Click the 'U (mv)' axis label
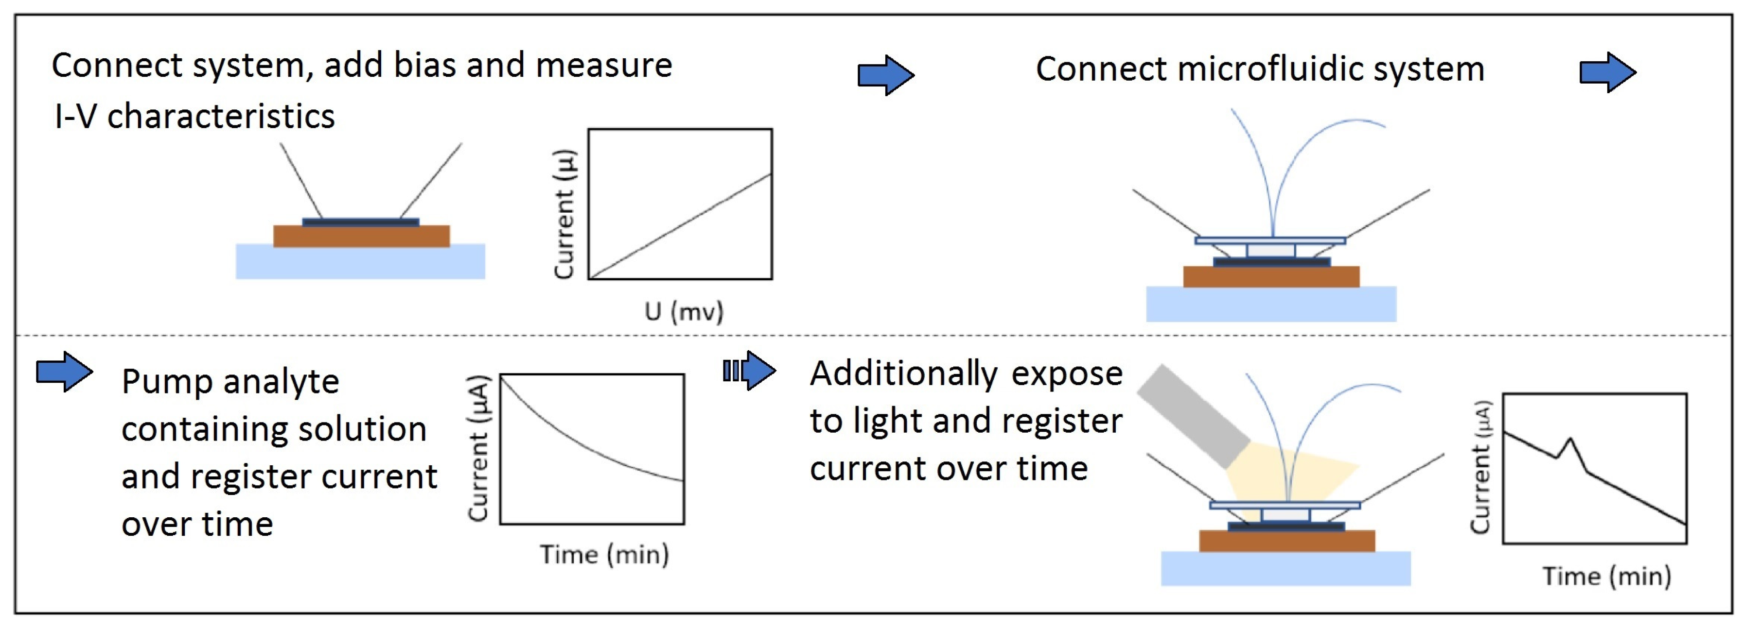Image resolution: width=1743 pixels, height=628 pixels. point(684,312)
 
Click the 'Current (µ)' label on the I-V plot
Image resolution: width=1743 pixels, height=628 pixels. point(564,214)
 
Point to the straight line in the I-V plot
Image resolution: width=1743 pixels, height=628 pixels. point(680,226)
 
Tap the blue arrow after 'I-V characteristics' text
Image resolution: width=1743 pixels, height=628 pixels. point(885,75)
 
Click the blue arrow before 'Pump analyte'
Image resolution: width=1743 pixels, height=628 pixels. point(64,371)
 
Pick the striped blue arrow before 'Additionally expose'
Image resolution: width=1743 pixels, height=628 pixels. point(749,371)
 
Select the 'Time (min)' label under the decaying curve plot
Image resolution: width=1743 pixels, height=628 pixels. point(603,554)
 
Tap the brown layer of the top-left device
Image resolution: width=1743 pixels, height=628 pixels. point(361,236)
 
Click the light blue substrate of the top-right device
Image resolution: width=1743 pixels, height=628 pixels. point(1271,304)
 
